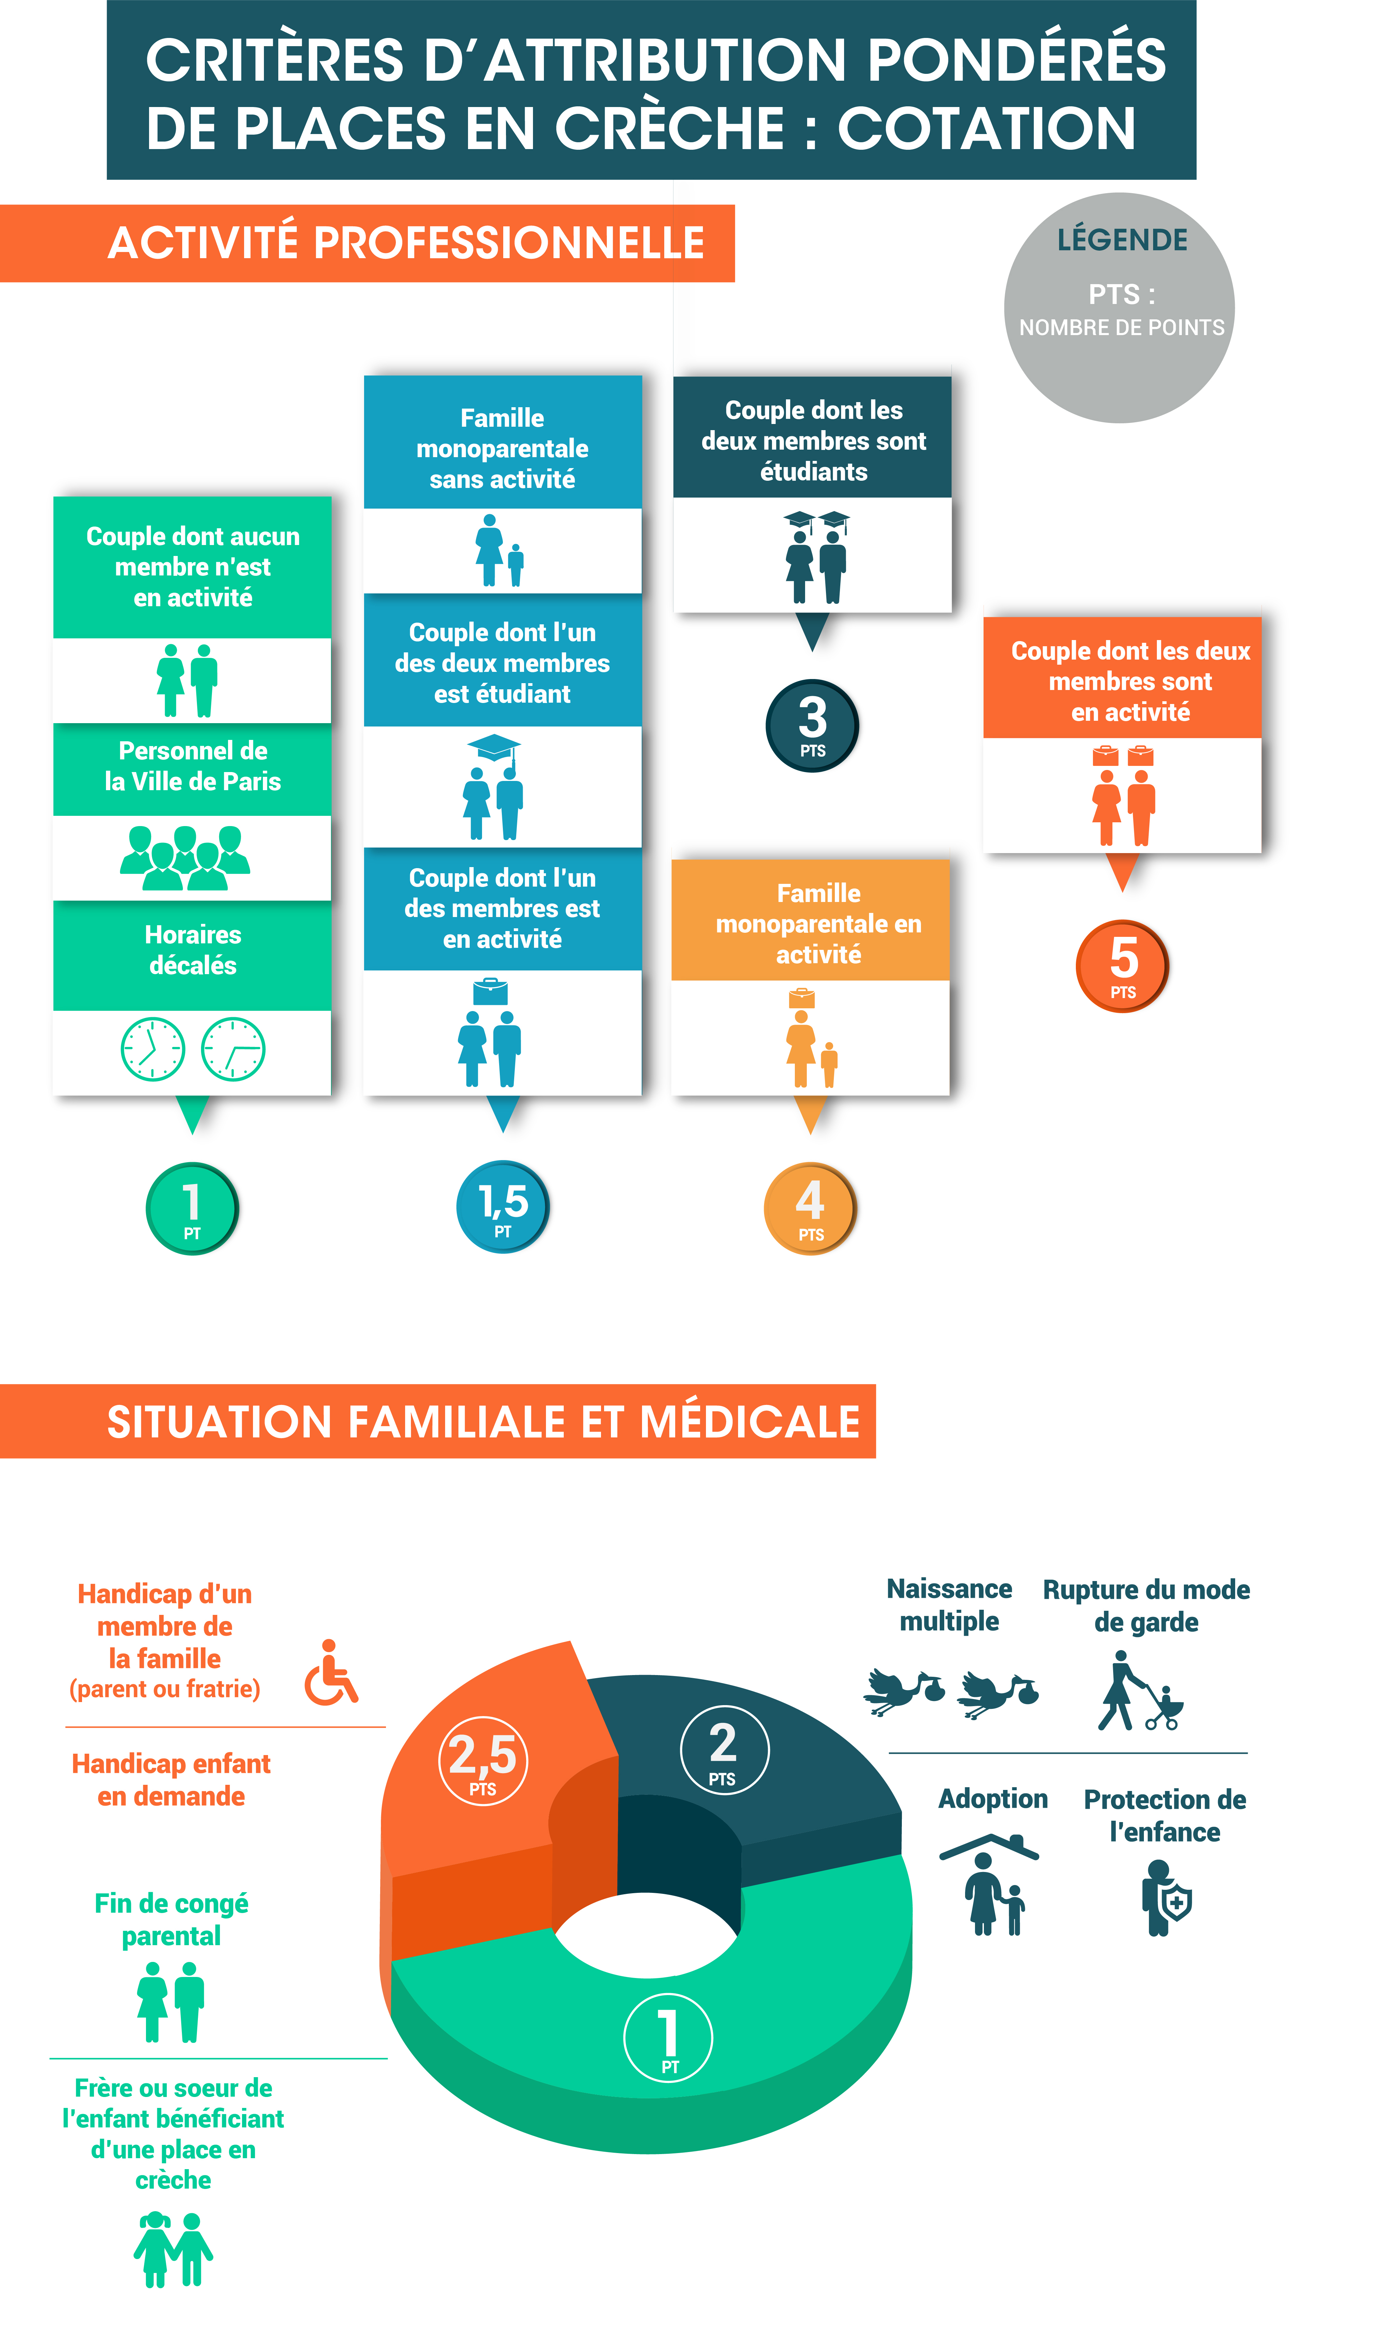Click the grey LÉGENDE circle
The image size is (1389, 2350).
[1119, 308]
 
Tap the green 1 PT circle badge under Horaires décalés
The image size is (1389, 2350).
[192, 1208]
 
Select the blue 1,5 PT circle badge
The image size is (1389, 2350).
[503, 1206]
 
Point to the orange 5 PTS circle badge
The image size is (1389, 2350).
[1122, 966]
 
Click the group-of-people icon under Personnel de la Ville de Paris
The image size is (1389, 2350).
[185, 857]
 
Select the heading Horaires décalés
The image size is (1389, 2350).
[193, 950]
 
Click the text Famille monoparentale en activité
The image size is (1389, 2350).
[818, 924]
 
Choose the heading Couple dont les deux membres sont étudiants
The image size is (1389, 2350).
[813, 441]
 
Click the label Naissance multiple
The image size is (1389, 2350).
[949, 1605]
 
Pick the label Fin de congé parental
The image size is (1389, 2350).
[171, 1920]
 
